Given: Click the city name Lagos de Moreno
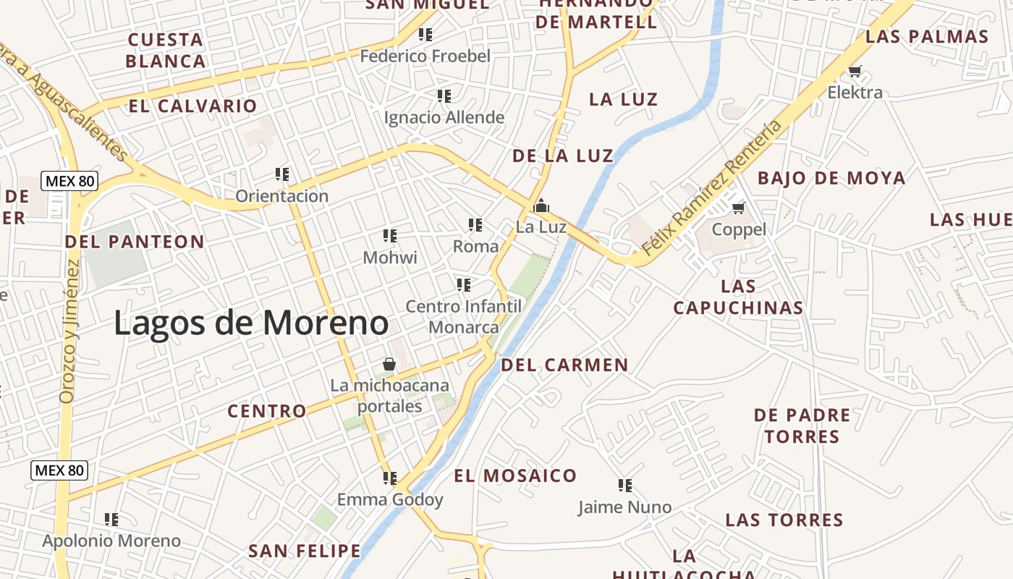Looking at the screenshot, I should click(251, 323).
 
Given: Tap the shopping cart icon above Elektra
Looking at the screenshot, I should click(855, 71).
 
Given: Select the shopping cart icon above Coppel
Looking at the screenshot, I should click(738, 208).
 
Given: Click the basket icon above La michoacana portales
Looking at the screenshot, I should click(389, 363).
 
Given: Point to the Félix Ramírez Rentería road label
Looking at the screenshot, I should click(712, 188).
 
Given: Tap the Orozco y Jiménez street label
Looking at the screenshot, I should click(70, 331).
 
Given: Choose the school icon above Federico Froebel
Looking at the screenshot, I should click(425, 34).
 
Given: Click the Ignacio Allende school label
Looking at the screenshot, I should click(444, 117).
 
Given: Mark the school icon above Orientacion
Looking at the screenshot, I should click(282, 174).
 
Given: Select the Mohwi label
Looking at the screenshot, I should click(390, 257).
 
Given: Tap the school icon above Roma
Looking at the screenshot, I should click(475, 225).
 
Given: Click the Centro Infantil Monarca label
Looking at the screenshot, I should click(463, 317).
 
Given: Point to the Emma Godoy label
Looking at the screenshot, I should click(390, 499).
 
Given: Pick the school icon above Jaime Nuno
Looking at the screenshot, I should click(625, 485).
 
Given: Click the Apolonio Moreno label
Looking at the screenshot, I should click(111, 541).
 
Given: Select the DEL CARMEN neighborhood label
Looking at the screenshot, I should click(564, 365).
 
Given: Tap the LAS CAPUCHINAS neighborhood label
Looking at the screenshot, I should click(738, 297).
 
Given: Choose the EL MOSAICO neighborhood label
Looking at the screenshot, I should click(515, 476).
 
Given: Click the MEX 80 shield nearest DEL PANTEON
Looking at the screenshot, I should click(69, 181).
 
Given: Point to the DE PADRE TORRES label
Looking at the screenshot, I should click(802, 426).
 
